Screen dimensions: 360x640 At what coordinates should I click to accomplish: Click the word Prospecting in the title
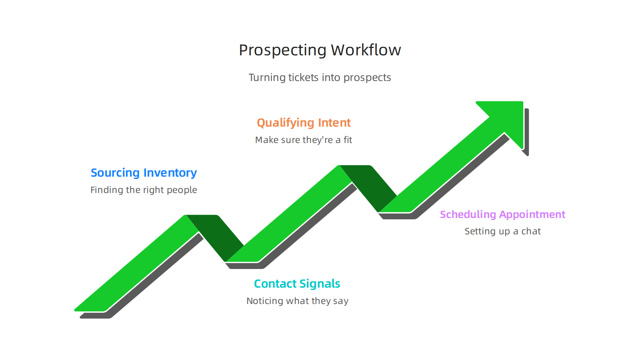[x=283, y=50]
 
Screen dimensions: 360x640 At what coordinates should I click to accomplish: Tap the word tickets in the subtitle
[x=303, y=77]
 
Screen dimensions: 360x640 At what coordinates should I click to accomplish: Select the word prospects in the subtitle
[x=367, y=78]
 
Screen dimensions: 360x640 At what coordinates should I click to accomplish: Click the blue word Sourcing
[x=115, y=173]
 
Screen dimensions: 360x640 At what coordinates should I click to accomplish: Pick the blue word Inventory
[x=170, y=173]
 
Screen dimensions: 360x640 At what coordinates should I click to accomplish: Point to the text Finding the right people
[x=144, y=190]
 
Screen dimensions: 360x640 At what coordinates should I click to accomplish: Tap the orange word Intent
[x=334, y=123]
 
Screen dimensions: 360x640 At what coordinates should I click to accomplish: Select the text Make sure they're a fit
[x=303, y=140]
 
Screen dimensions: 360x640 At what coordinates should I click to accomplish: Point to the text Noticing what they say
[x=297, y=301]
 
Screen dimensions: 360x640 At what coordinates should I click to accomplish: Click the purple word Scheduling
[x=468, y=214]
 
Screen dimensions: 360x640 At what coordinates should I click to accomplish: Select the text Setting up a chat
[x=502, y=231]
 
